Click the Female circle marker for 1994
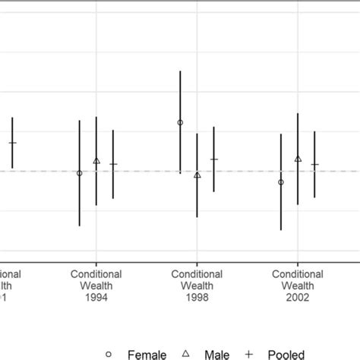point(79,173)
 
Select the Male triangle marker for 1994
point(96,161)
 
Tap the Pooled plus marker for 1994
point(113,164)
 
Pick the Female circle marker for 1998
point(180,122)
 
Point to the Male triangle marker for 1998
point(197,175)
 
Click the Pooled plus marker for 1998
point(214,159)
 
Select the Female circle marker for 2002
point(281,182)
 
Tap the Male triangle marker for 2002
point(298,159)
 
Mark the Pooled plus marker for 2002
point(314,164)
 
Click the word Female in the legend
point(147,354)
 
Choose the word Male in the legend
point(228,354)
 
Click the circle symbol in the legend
point(109,354)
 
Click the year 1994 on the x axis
point(96,298)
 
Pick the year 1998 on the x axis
point(197,298)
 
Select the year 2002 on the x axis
point(298,298)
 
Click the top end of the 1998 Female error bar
point(180,71)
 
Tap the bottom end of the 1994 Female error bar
point(79,226)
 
